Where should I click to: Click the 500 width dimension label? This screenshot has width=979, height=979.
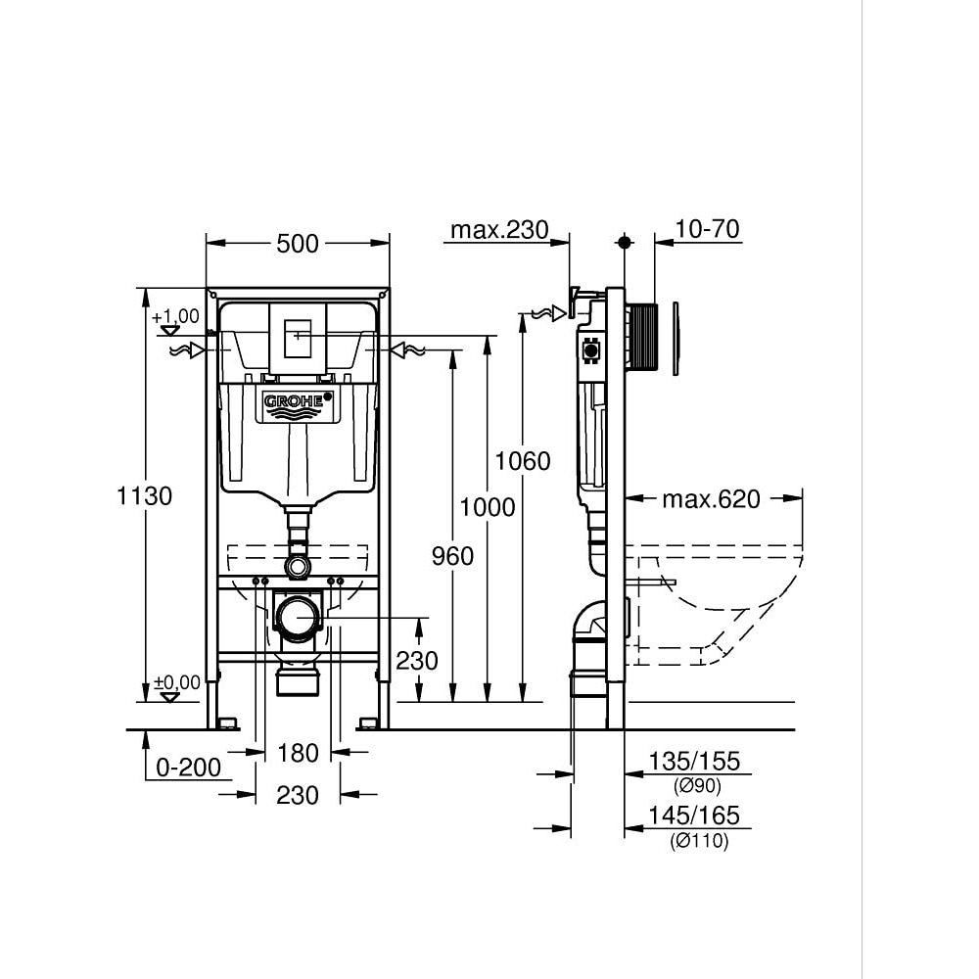click(x=298, y=243)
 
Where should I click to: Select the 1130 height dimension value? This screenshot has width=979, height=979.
click(x=145, y=496)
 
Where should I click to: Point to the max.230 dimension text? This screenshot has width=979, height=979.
click(x=497, y=230)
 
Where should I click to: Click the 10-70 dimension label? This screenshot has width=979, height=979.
click(x=708, y=230)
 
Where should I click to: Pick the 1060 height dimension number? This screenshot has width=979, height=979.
click(x=523, y=460)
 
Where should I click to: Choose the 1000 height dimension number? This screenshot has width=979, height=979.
click(x=488, y=506)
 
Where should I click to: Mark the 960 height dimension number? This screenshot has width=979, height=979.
click(x=452, y=556)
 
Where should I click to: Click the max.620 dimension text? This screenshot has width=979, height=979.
click(x=711, y=499)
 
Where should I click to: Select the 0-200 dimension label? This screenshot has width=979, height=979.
click(x=189, y=768)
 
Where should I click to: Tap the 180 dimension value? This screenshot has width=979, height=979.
click(x=298, y=753)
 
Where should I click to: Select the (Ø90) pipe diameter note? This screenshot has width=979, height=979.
click(x=697, y=785)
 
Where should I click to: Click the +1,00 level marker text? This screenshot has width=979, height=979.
click(x=175, y=316)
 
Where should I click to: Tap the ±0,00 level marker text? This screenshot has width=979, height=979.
click(x=176, y=681)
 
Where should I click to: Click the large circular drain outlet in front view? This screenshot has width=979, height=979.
click(x=298, y=618)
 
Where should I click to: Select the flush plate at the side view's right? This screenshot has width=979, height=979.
click(x=676, y=338)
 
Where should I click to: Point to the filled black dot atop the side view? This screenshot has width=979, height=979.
click(x=624, y=241)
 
